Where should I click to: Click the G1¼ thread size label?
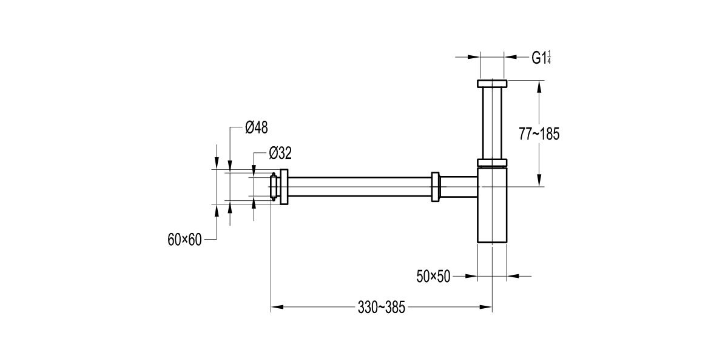point(541,58)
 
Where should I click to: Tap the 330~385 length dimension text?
point(381,308)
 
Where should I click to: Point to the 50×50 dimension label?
point(433,277)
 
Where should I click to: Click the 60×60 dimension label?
point(184,240)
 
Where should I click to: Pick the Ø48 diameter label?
point(256,127)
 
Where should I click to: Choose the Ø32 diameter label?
point(280,152)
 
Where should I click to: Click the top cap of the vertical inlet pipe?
point(491,83)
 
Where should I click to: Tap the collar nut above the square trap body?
point(491,162)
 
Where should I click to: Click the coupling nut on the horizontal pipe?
point(435,187)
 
